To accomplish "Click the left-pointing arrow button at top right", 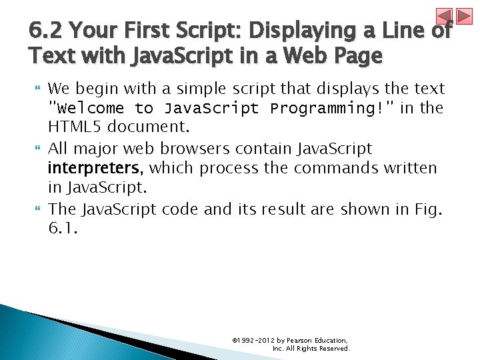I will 445,17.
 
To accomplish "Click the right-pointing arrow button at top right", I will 464,17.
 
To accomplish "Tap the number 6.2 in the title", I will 46,31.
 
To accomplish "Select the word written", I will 410,167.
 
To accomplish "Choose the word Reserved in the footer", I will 333,348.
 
